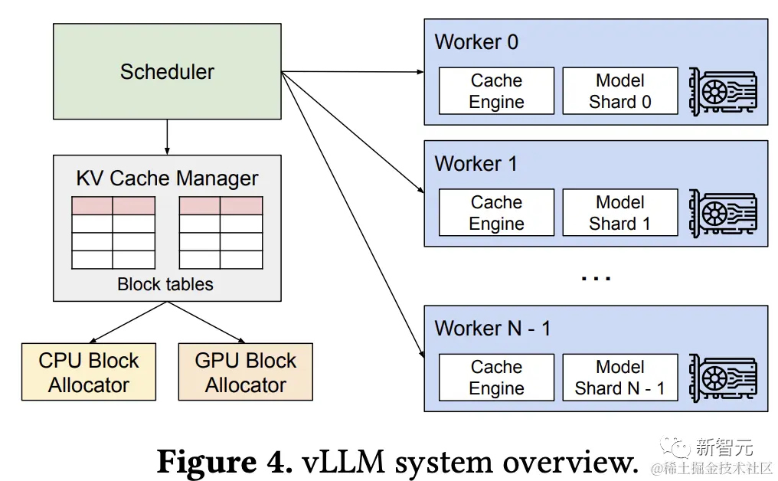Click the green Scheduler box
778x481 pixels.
click(167, 72)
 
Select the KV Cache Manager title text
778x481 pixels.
click(167, 178)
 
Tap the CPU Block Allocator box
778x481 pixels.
click(89, 372)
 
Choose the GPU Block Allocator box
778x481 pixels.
click(245, 372)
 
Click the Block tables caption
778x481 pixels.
click(165, 284)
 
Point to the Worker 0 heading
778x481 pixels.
click(476, 42)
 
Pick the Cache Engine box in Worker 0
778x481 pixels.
click(496, 91)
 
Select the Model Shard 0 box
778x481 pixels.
click(620, 91)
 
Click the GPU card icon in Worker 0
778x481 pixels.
click(723, 91)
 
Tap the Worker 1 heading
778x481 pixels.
click(476, 164)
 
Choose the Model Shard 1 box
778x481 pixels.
click(620, 213)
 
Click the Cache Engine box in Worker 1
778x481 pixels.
click(496, 213)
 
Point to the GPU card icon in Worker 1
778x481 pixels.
click(723, 213)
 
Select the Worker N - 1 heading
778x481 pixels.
click(492, 329)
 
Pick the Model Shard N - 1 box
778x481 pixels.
click(620, 378)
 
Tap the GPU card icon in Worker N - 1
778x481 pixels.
click(723, 378)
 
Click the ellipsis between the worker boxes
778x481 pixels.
click(596, 277)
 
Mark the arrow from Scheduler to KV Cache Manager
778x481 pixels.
click(167, 138)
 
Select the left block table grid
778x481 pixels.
click(113, 233)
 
